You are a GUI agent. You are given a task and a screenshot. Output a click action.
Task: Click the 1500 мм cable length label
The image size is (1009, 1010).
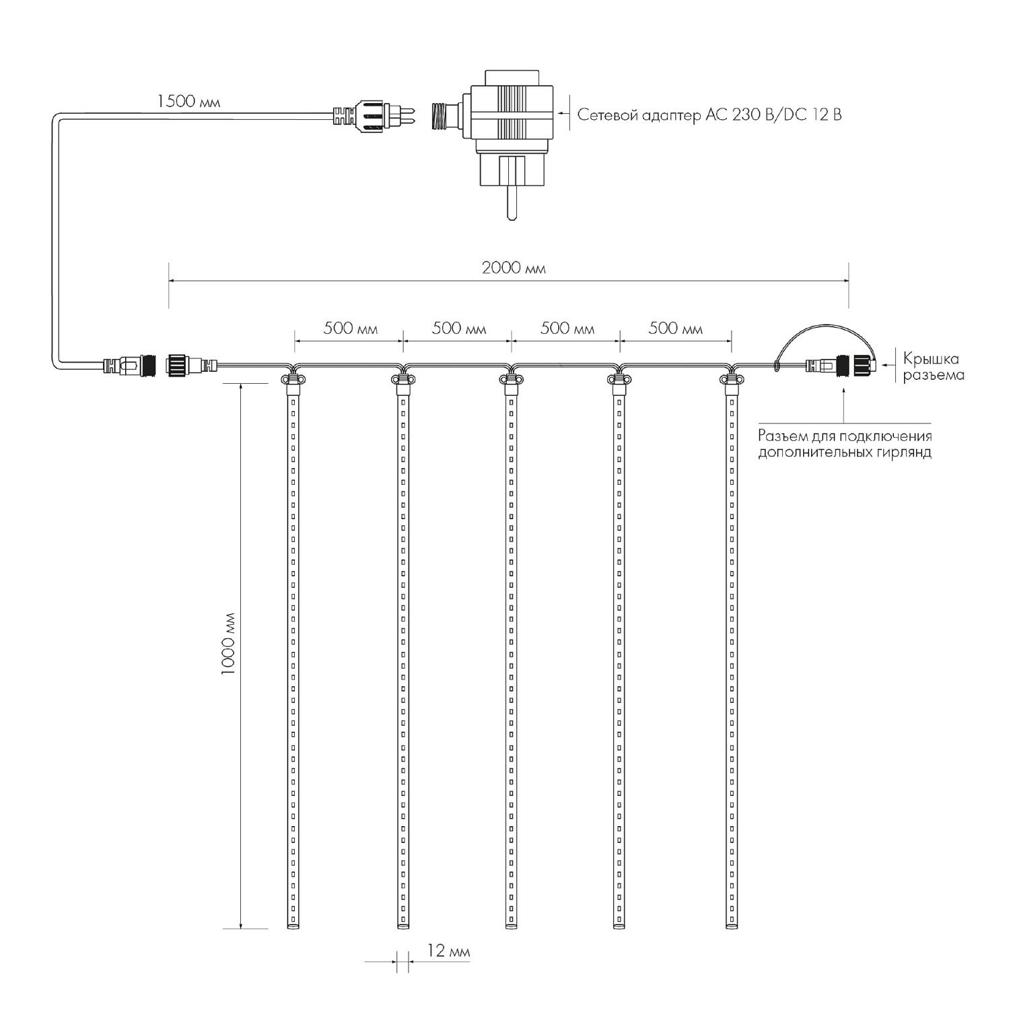[x=188, y=102]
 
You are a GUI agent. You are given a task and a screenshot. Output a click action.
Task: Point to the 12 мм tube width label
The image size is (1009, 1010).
[x=448, y=951]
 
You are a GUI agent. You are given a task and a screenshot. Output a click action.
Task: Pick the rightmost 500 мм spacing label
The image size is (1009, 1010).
[x=675, y=329]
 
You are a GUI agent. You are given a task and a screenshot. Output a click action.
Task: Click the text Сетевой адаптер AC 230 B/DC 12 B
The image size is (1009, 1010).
[x=709, y=114]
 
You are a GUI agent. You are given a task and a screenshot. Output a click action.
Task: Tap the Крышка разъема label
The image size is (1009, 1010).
[x=933, y=367]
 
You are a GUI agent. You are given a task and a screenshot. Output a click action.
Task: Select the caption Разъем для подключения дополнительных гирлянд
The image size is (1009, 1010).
[x=845, y=444]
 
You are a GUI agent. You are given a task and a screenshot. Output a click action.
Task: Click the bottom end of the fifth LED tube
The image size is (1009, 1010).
[x=731, y=927]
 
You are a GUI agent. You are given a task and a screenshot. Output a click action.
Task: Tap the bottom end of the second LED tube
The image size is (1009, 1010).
[x=403, y=927]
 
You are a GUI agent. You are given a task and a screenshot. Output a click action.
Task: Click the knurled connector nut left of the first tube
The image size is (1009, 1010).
[x=178, y=366]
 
